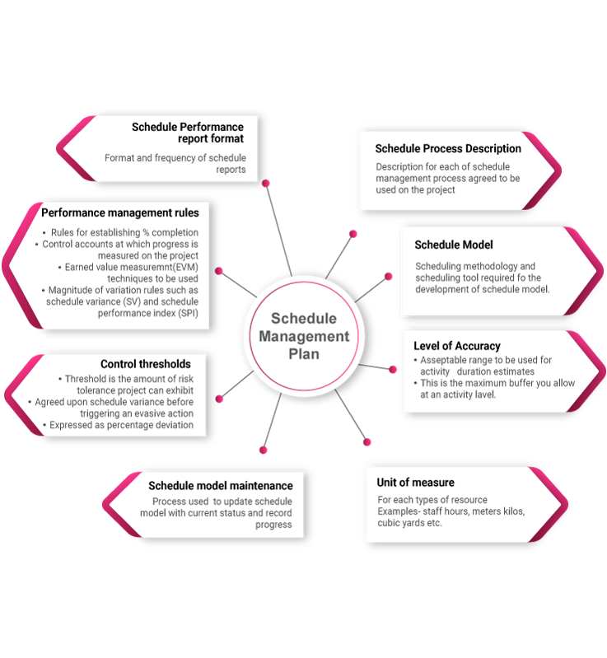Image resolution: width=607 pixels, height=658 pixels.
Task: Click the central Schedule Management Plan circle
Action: pos(304,336)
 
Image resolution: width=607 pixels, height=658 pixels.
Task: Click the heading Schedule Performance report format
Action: pos(188,133)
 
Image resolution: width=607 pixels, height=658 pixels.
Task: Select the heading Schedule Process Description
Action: pos(448,149)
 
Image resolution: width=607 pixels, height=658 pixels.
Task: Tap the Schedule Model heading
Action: pos(454,245)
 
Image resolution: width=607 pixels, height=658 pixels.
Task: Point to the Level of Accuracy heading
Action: pos(457,346)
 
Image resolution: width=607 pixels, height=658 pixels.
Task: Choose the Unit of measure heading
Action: pos(415,482)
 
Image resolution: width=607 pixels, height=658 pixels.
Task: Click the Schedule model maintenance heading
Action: pos(220,486)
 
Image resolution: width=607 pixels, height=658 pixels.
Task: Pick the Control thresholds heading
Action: pos(146,364)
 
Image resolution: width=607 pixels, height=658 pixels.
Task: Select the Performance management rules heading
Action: pos(120,212)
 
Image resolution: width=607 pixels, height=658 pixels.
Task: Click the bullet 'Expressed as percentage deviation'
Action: pos(121,425)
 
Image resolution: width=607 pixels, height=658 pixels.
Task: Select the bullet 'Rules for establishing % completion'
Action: pos(124,233)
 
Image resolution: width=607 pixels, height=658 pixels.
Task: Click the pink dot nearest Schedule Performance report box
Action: pos(265,183)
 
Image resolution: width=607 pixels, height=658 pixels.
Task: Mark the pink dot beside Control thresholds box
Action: pos(219,399)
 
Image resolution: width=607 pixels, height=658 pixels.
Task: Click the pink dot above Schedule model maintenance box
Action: pos(264,450)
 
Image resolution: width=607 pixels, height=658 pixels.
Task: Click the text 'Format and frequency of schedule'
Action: pos(175,157)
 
